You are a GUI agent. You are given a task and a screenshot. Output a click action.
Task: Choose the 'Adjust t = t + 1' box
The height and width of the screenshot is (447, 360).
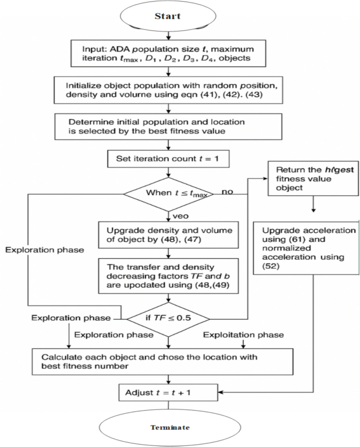[168, 392]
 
